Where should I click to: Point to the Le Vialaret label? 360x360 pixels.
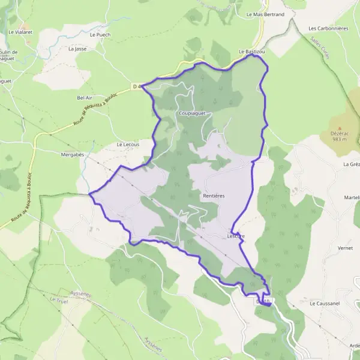point(19,31)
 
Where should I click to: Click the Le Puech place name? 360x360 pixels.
point(100,35)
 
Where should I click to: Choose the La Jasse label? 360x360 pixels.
point(77,49)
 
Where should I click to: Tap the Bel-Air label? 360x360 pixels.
point(85,97)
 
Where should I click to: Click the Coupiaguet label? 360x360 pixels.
point(192,112)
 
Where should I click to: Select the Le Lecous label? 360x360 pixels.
point(128,145)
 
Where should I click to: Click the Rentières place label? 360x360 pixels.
point(214,196)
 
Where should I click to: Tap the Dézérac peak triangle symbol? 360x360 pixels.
point(339,128)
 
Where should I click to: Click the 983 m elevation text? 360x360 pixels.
point(339,140)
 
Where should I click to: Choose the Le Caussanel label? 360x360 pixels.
point(324,304)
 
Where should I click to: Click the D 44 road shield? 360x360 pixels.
point(137,86)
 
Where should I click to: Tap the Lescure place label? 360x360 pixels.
point(236,236)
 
